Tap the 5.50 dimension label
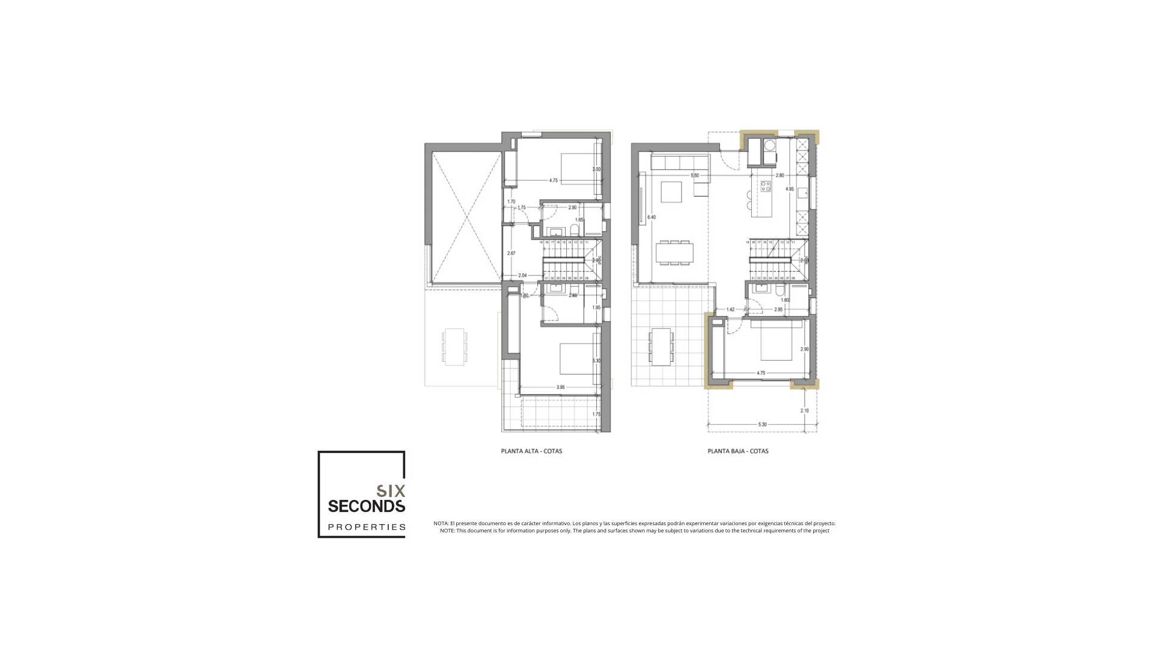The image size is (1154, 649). click(x=695, y=175)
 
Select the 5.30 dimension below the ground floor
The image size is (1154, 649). click(x=762, y=424)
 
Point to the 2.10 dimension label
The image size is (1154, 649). click(x=805, y=411)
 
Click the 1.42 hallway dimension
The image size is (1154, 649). click(x=730, y=309)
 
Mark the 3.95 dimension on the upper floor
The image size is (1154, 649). click(x=560, y=388)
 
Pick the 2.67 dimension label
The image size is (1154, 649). click(x=511, y=254)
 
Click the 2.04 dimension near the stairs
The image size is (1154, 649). click(x=522, y=275)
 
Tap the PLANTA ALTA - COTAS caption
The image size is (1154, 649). click(x=531, y=451)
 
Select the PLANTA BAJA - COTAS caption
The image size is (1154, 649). click(x=737, y=451)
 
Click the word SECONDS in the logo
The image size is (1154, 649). click(x=366, y=506)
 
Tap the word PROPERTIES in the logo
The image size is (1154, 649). click(x=366, y=527)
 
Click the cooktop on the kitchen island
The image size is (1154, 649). click(x=766, y=186)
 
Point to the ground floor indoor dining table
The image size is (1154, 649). click(x=674, y=252)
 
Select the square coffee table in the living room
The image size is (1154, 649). click(x=670, y=192)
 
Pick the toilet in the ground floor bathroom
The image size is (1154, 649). click(x=780, y=292)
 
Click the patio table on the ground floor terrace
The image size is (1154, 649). click(x=661, y=345)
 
